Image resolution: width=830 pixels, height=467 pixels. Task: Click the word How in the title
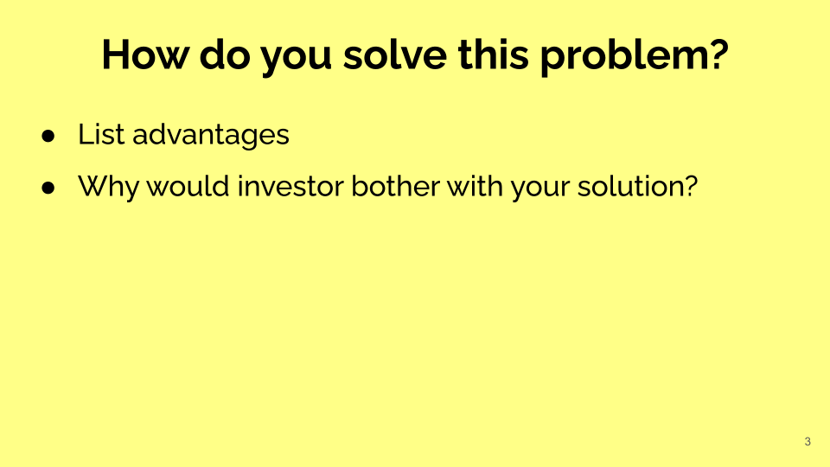coord(144,54)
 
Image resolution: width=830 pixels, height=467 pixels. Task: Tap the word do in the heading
coord(225,54)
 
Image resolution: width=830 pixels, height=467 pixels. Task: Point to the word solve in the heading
coord(395,54)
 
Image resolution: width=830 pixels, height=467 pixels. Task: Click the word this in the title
coord(494,54)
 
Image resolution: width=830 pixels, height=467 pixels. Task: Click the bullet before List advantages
coord(48,136)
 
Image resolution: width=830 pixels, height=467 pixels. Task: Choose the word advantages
coord(211,136)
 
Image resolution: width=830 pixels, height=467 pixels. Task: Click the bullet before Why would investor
coord(48,188)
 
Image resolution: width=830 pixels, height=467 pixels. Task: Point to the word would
coord(188,186)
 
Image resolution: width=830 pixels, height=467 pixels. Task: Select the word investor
coord(290,186)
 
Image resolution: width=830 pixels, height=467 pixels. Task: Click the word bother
coord(395,186)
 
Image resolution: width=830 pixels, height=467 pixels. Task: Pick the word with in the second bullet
coord(475,186)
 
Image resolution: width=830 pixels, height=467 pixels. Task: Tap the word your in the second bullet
coord(540,189)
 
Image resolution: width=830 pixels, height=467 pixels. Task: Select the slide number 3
coord(808,442)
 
